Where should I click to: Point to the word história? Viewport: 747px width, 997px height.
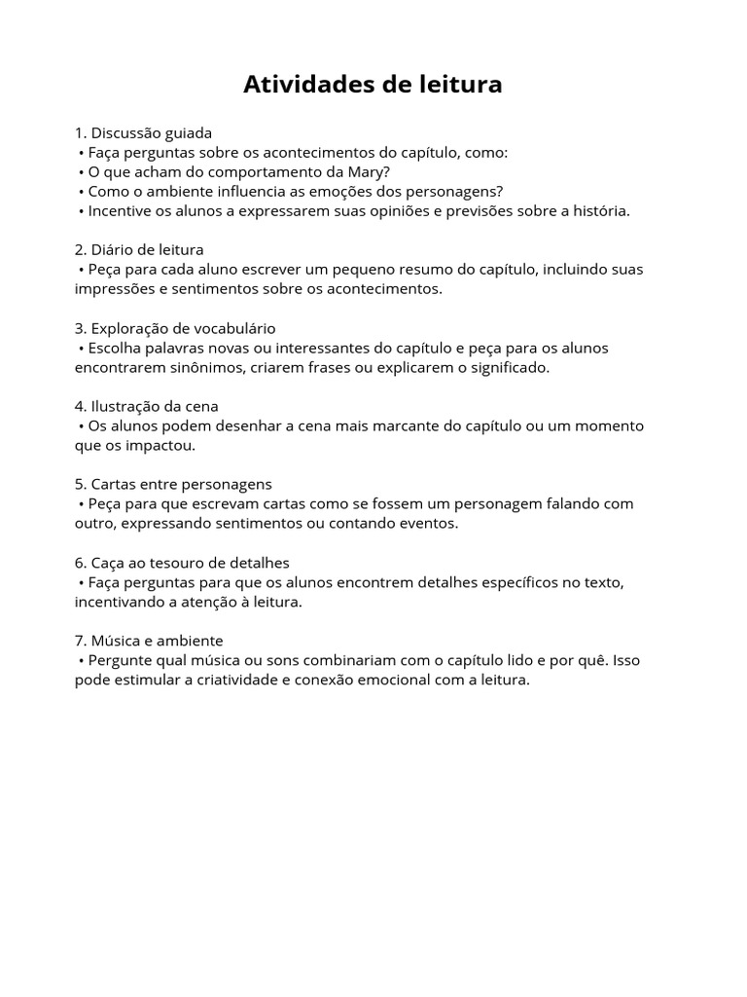coord(598,210)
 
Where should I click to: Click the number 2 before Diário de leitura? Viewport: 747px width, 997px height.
coord(79,250)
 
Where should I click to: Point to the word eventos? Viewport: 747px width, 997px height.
coord(425,523)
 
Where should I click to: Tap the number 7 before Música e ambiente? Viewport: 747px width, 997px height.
coord(79,641)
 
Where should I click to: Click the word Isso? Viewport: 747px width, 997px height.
coord(626,660)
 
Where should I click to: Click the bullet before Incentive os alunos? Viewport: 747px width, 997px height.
coord(81,210)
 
